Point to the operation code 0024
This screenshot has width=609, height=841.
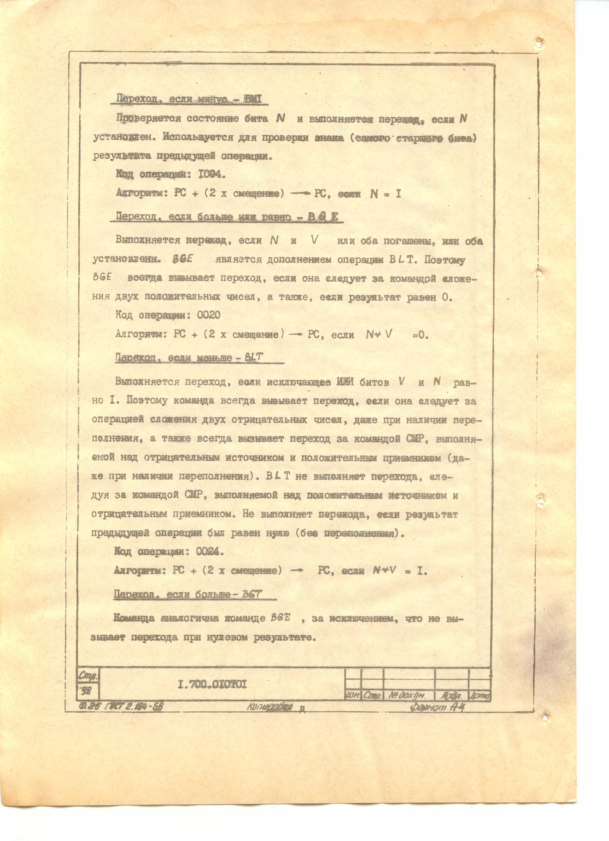click(x=209, y=552)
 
